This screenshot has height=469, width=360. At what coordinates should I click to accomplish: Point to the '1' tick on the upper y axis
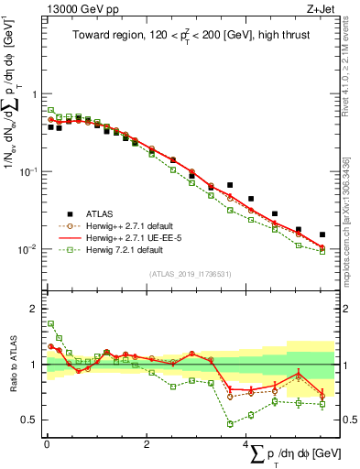34,94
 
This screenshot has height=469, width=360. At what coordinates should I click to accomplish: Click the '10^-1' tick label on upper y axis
29,170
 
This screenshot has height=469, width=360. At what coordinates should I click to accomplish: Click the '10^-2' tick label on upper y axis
29,248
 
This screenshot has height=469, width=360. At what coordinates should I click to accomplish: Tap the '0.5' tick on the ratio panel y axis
30,420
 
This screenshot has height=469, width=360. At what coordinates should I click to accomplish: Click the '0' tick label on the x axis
46,443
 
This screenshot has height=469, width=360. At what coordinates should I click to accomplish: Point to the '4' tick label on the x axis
245,443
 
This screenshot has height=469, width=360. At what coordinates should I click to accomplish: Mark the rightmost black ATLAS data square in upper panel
322,234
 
